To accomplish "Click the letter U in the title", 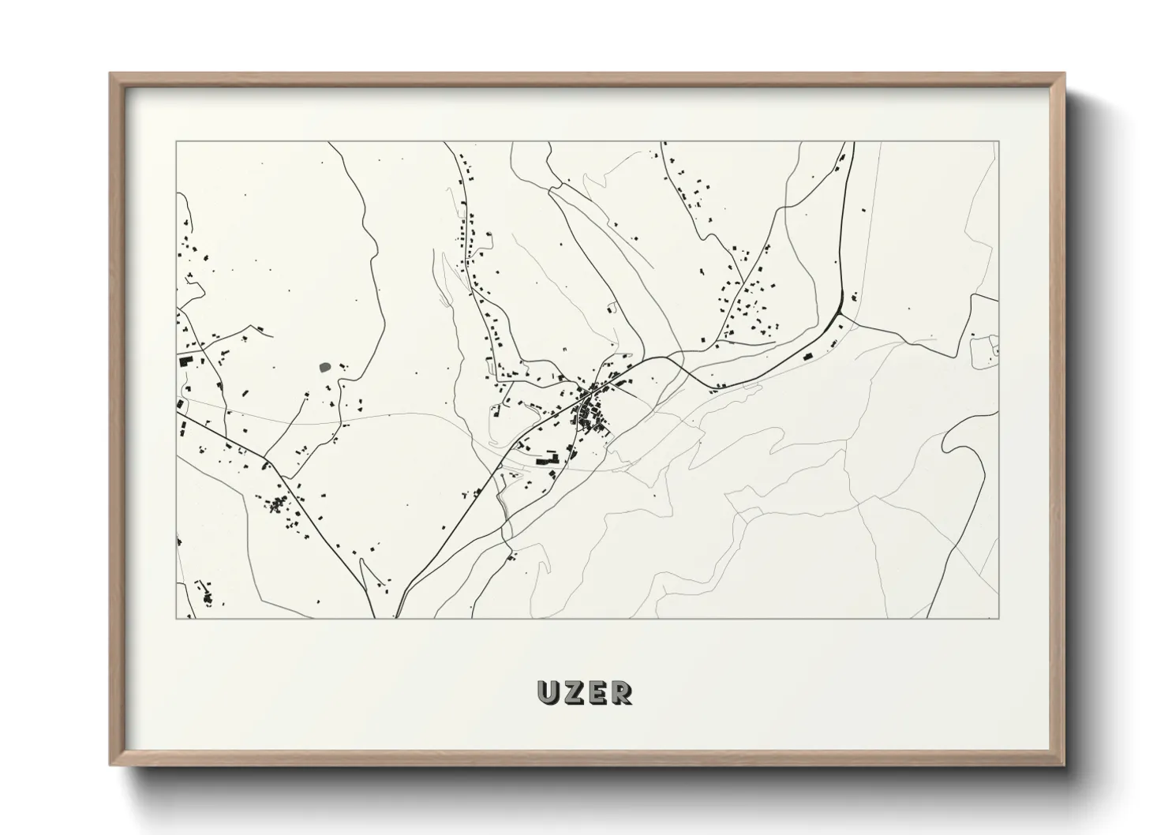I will (x=548, y=693).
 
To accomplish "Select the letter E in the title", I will (x=597, y=693).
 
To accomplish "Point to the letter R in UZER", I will (x=620, y=693).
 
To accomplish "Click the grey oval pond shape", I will (x=324, y=367).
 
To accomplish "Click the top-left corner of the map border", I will (x=177, y=142).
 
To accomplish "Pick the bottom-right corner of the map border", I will (x=998, y=618).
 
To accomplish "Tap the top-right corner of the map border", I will (x=998, y=142).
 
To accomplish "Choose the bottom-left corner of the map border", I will (x=177, y=618).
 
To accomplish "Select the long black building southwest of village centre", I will (x=545, y=459).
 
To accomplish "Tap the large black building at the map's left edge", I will (x=186, y=361).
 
